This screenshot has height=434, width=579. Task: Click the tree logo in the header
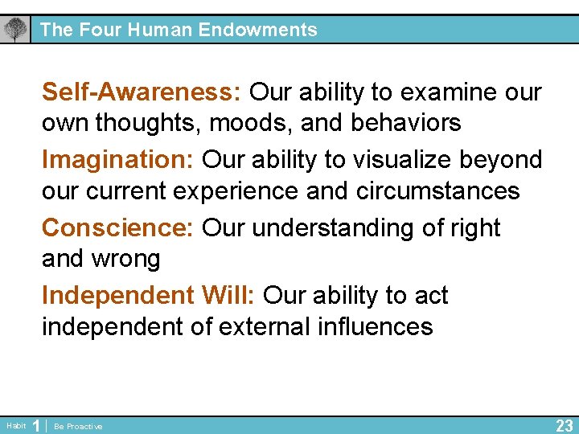point(14,30)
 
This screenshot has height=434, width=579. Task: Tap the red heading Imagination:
point(117,160)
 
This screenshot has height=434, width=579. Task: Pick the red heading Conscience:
point(117,227)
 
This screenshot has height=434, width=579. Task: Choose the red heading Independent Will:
point(148,295)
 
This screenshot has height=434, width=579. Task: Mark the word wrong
point(128,259)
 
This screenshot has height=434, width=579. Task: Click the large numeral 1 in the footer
point(35,425)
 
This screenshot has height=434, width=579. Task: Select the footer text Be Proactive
point(78,426)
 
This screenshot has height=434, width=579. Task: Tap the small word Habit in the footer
point(16,425)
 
